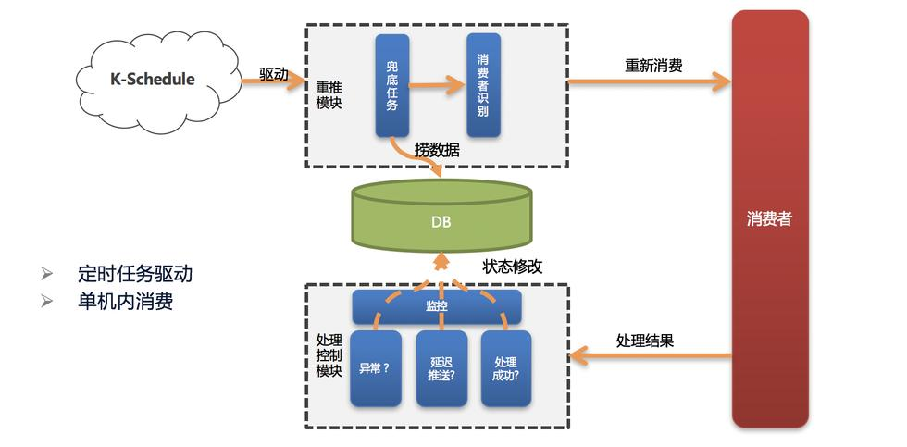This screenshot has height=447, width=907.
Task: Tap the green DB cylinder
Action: pyautogui.click(x=441, y=217)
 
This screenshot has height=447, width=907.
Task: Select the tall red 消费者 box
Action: pyautogui.click(x=770, y=219)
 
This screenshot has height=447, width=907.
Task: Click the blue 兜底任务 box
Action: pyautogui.click(x=392, y=85)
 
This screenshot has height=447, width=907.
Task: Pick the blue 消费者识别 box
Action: pyautogui.click(x=483, y=85)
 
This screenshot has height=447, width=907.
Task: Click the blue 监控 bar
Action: pyautogui.click(x=437, y=306)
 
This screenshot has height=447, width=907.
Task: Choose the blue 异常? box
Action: pyautogui.click(x=375, y=367)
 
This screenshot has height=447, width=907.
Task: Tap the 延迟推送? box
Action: pyautogui.click(x=441, y=367)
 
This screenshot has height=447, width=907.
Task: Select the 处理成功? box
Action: pyautogui.click(x=506, y=367)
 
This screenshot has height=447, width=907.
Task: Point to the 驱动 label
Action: pyautogui.click(x=273, y=74)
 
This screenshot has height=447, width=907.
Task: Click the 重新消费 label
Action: pyautogui.click(x=653, y=66)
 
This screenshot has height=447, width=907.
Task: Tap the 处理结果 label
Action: pyautogui.click(x=644, y=340)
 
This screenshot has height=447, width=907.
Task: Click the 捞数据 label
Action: pyautogui.click(x=437, y=149)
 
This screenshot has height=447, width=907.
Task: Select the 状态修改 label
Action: pyautogui.click(x=513, y=267)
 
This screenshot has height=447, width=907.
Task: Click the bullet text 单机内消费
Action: pyautogui.click(x=126, y=301)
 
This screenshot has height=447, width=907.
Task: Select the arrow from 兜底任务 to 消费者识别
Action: pyautogui.click(x=436, y=85)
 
